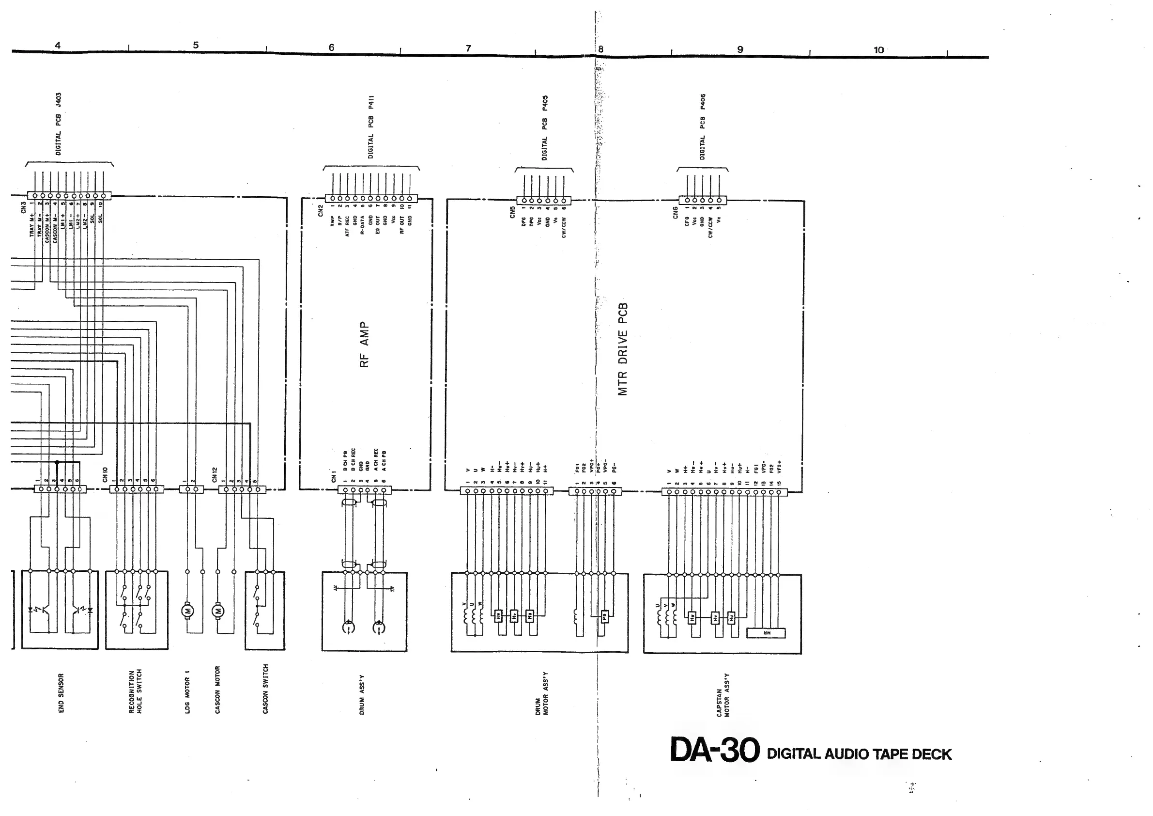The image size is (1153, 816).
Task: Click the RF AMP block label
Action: pos(365,345)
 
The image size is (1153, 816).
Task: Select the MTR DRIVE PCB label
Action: pos(623,349)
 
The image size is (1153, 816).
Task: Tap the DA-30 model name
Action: pos(715,750)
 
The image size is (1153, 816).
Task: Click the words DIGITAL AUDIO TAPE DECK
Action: pos(859,753)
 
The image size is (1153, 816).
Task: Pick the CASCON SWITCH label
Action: pos(266,689)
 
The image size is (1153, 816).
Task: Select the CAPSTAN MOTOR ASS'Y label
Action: pos(723,695)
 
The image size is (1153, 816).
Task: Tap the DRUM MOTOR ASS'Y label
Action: pos(542,693)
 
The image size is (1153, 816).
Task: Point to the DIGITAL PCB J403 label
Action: pos(59,124)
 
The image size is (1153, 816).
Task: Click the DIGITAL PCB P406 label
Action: pos(703,126)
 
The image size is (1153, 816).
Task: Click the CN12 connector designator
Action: pos(215,474)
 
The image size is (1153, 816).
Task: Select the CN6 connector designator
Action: pos(676,213)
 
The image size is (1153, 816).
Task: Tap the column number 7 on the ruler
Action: pos(469,48)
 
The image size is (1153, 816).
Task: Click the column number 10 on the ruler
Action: pos(878,50)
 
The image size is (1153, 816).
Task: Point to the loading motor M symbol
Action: pos(188,611)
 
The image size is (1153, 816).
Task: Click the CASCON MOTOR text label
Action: pos(217,690)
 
